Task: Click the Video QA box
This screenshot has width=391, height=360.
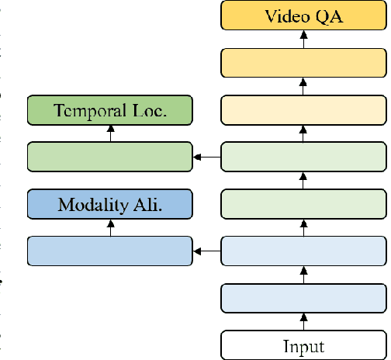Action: (303, 16)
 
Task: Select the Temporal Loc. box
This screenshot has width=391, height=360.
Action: (109, 109)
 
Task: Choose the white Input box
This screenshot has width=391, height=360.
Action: (303, 345)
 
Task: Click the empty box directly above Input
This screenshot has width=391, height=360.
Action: (303, 298)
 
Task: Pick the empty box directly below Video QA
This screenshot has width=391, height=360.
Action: (303, 62)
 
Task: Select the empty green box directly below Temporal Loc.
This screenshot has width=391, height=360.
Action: (109, 157)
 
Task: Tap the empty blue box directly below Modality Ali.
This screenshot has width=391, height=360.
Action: (109, 251)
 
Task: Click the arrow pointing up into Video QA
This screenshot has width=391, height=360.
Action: (303, 39)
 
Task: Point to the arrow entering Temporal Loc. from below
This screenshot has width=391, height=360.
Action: (109, 133)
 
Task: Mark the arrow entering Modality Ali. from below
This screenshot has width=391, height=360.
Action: (109, 227)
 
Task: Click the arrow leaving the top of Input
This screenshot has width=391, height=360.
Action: (303, 322)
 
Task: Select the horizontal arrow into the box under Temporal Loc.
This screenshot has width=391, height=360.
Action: (206, 157)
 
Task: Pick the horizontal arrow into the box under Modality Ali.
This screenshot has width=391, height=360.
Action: (206, 251)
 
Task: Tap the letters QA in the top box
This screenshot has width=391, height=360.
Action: (329, 16)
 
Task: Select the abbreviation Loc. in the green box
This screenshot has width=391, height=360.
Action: (149, 109)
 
